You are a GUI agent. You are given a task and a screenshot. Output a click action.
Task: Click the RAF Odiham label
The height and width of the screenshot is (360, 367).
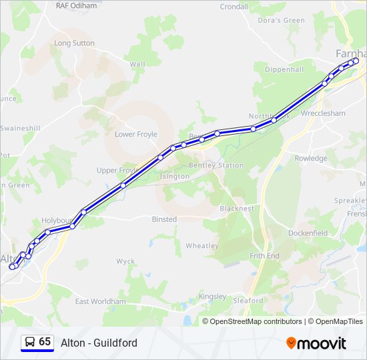77,6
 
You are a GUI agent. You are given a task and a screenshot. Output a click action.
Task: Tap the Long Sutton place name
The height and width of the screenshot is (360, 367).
74,43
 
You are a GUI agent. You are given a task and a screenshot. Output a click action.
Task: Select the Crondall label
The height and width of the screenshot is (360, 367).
234,7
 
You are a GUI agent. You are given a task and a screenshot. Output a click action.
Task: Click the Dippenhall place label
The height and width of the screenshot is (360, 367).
284,69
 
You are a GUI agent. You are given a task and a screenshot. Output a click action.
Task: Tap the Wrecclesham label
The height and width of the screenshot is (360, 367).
324,113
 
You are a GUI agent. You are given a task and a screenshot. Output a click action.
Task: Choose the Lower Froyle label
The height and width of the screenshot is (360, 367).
136,135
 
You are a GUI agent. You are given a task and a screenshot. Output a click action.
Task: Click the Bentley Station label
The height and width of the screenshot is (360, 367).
216,165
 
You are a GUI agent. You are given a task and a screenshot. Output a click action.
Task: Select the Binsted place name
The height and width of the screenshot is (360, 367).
164,219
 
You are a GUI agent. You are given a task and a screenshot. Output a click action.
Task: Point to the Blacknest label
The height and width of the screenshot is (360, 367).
237,209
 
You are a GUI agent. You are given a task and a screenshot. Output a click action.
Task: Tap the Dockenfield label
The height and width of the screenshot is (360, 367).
308,233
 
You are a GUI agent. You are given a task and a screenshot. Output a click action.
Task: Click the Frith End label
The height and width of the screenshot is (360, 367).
264,256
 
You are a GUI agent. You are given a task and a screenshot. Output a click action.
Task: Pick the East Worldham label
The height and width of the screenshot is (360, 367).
100,302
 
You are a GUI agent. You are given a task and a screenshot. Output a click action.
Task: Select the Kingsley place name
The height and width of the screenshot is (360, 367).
213,297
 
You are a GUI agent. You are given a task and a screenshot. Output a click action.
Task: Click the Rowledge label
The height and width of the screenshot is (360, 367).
311,159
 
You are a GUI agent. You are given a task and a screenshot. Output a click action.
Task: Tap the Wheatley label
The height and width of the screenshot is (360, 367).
202,246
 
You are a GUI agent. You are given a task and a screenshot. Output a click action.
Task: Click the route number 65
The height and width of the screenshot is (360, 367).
45,342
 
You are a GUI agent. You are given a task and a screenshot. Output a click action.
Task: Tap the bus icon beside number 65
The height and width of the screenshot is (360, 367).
29,343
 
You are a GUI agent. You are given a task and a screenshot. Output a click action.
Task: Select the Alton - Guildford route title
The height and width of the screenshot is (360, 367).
99,343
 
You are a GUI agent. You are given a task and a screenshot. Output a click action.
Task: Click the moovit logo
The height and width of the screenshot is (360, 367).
316,343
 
